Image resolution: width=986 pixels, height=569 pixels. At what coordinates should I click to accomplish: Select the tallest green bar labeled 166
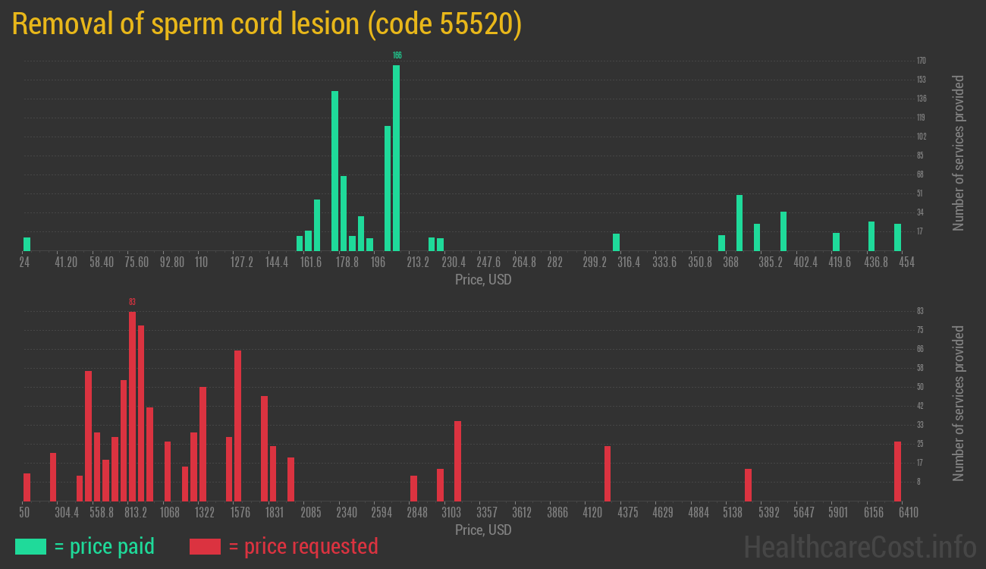tap(396, 158)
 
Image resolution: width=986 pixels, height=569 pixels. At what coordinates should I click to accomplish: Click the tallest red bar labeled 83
tap(132, 406)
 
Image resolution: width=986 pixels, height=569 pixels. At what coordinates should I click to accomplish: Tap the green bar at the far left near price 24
tap(27, 244)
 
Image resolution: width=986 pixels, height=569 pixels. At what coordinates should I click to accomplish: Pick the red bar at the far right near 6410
tap(897, 471)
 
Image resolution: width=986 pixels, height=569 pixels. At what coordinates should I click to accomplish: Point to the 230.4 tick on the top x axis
tap(454, 262)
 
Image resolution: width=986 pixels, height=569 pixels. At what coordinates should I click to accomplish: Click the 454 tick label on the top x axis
tap(906, 262)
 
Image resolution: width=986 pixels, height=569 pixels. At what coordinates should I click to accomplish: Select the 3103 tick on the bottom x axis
tap(451, 513)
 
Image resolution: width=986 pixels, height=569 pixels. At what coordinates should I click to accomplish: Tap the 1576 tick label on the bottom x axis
tap(240, 513)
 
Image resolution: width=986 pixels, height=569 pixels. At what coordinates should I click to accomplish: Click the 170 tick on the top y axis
tap(921, 61)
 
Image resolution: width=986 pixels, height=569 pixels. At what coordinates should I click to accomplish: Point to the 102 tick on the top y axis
tap(921, 137)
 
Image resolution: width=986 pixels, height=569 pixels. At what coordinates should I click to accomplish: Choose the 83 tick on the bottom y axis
tap(920, 311)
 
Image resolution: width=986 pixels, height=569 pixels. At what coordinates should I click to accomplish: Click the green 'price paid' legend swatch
tap(30, 546)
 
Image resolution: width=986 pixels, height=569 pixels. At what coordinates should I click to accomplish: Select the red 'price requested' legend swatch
tap(205, 546)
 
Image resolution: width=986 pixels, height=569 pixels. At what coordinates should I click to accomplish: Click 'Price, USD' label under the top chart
tap(483, 280)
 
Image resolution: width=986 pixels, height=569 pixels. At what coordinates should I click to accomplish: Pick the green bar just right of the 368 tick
tap(739, 222)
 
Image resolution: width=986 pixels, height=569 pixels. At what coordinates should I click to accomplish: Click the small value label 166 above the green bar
tap(397, 55)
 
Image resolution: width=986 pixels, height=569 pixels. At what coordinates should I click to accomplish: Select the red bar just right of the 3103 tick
tap(457, 461)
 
